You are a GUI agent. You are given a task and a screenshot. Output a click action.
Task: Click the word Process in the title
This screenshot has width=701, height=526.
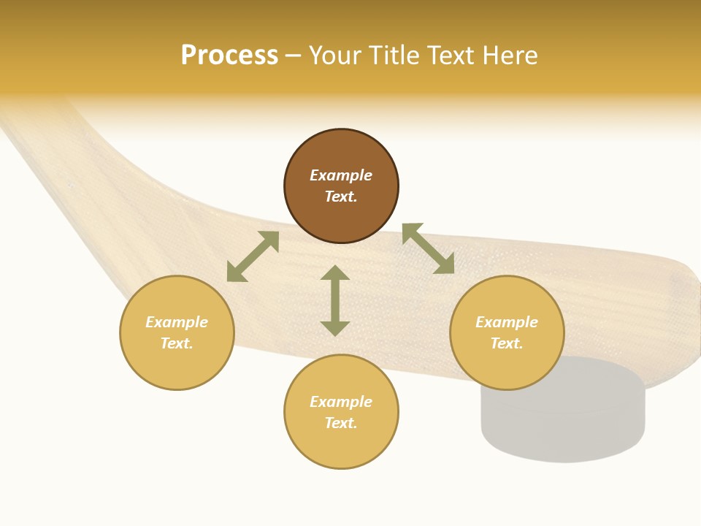229,56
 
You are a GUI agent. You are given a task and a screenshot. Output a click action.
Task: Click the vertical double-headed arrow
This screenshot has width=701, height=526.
335,300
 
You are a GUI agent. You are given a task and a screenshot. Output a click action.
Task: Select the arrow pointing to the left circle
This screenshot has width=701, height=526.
253,256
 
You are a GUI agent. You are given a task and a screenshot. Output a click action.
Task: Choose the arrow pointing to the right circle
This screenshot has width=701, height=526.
428,248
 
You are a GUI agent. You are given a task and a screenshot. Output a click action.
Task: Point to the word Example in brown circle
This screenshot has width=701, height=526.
341,175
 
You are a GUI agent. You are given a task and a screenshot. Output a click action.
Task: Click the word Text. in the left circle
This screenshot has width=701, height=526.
177,343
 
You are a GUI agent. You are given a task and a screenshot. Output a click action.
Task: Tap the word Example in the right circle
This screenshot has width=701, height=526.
507,322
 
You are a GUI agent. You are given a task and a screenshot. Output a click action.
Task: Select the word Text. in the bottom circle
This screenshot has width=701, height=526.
341,423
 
